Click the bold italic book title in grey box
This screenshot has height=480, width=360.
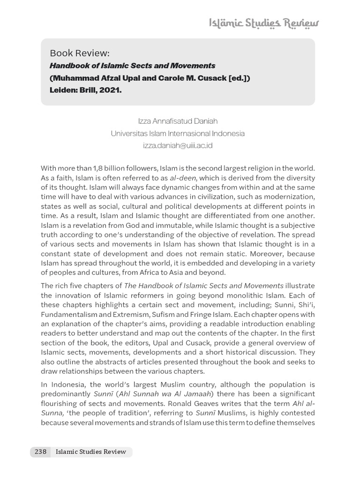(132, 66)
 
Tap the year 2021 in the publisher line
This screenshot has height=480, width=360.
(111, 90)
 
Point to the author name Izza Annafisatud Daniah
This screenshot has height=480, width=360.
(178, 121)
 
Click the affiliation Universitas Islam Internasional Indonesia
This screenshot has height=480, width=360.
(178, 133)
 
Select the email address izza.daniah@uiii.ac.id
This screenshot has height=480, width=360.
(178, 145)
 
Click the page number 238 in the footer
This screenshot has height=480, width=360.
(40, 452)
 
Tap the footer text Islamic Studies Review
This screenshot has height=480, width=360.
(90, 452)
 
